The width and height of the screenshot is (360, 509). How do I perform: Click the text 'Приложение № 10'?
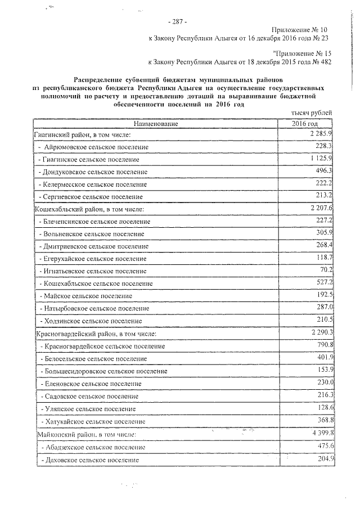(x=299, y=29)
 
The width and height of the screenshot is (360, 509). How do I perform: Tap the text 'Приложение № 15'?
(x=299, y=53)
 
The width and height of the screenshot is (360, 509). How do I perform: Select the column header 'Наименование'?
(x=156, y=123)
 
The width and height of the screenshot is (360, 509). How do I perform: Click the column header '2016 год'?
(x=305, y=123)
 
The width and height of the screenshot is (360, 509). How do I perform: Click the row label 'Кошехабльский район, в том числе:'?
(x=90, y=209)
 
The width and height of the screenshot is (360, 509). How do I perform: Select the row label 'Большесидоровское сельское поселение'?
(x=104, y=371)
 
